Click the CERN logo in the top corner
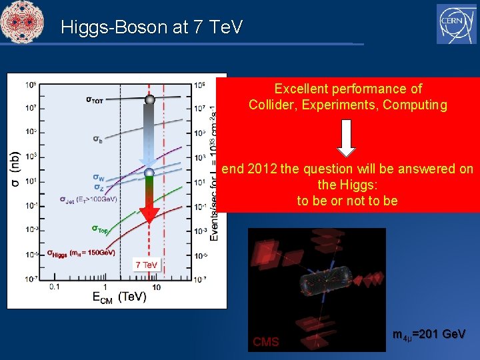coord(456,23)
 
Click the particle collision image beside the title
coord(22,22)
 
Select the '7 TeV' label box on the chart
coord(147,265)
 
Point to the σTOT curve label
coord(99,99)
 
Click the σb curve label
coord(97,139)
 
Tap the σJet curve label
coord(88,199)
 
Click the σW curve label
coord(98,178)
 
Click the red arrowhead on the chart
coord(149,214)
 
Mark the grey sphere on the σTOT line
coord(150,99)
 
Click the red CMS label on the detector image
coord(265,342)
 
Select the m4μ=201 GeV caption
coord(429,334)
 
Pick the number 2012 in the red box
coord(262,169)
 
